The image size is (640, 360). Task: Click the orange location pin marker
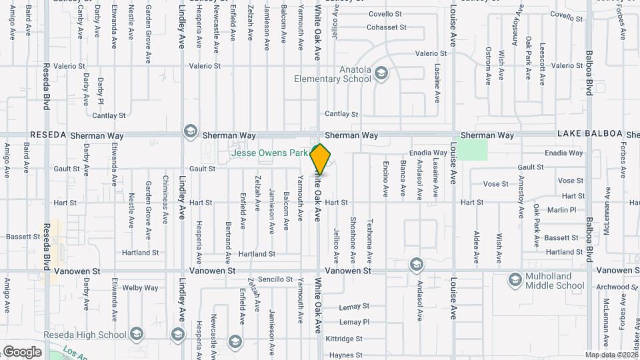pyautogui.click(x=321, y=159)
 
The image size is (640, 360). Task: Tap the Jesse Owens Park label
pyautogui.click(x=269, y=153)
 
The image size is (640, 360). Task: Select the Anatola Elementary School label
pyautogui.click(x=333, y=74)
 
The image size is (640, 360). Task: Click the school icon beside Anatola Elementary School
pyautogui.click(x=381, y=73)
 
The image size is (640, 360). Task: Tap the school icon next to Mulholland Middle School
pyautogui.click(x=514, y=280)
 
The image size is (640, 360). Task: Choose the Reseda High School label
pyautogui.click(x=85, y=335)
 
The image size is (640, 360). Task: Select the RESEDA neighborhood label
pyautogui.click(x=48, y=135)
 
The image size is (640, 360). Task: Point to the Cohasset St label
pyautogui.click(x=387, y=27)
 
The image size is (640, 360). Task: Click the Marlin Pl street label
pyautogui.click(x=563, y=210)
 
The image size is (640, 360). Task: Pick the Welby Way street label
pyautogui.click(x=141, y=288)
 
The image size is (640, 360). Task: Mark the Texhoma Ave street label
pyautogui.click(x=370, y=235)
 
